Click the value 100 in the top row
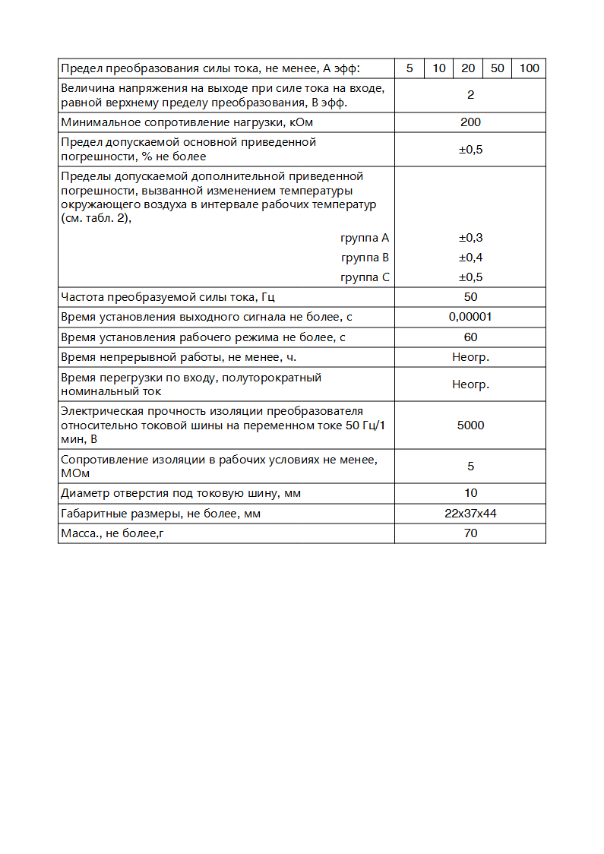click(x=529, y=68)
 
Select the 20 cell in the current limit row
click(x=468, y=68)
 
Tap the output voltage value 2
click(x=470, y=95)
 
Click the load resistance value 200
click(x=470, y=122)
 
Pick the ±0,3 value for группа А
click(x=470, y=238)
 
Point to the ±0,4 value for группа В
click(x=470, y=258)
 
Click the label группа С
click(x=365, y=277)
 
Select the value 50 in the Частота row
click(x=470, y=297)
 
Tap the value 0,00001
click(x=470, y=317)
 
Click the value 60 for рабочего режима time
click(x=470, y=337)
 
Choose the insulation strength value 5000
click(x=470, y=425)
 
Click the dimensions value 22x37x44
click(x=470, y=514)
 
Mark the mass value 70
click(x=470, y=533)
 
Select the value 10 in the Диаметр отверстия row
click(x=470, y=493)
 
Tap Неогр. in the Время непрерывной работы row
click(x=470, y=357)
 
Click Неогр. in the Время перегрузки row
click(x=470, y=384)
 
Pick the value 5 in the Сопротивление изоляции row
click(x=470, y=467)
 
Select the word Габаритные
click(x=92, y=514)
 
